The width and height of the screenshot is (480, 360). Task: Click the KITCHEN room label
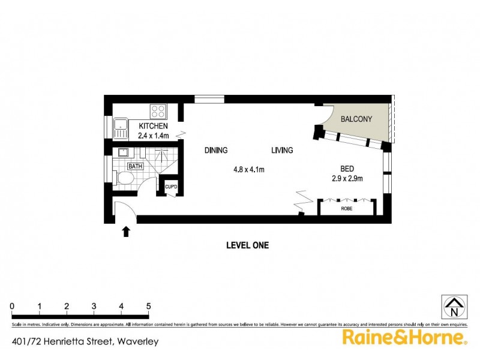coord(154,126)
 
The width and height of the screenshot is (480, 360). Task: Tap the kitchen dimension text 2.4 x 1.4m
coord(154,136)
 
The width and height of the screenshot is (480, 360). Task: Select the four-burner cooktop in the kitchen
coord(158,111)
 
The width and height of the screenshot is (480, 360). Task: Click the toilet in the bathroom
coord(125,178)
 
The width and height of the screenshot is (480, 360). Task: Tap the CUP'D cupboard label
coord(172,188)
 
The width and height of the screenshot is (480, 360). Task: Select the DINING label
coord(215,151)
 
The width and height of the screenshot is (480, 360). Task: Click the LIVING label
coord(282,151)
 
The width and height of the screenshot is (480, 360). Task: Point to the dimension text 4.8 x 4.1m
coord(249,170)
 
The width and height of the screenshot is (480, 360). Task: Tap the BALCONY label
coord(356,119)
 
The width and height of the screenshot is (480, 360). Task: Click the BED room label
coord(347,169)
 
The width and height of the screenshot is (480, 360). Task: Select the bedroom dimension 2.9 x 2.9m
coord(347,179)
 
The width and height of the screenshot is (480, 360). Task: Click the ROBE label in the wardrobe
coord(346,209)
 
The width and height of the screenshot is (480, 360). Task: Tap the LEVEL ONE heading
coord(247,245)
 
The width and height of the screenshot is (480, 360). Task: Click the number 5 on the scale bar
coord(148,307)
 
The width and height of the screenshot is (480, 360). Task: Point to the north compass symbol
coord(454,307)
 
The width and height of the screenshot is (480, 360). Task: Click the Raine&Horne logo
coord(404,338)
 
